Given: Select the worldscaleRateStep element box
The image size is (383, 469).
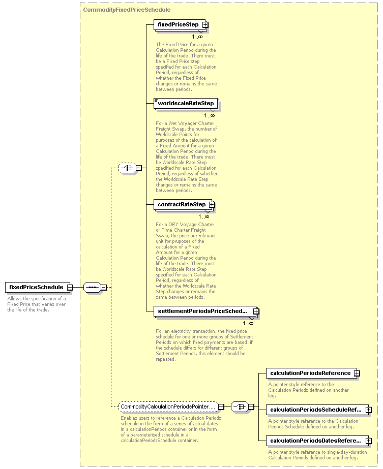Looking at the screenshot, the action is (186, 104).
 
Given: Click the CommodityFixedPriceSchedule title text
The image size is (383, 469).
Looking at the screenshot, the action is (127, 10).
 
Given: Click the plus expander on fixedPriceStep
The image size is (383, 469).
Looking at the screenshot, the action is (205, 25).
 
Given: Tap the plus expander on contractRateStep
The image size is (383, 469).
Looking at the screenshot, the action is (212, 205).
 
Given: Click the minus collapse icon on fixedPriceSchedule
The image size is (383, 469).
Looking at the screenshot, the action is (70, 288).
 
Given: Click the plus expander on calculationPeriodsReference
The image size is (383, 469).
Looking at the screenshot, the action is (357, 373).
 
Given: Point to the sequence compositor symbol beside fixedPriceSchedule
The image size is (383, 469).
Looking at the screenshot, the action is (92, 288).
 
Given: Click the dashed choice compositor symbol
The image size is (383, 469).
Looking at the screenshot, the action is (127, 168).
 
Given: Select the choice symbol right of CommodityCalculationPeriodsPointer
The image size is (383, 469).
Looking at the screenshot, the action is (240, 407).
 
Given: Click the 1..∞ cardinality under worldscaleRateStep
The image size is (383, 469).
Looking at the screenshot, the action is (210, 115).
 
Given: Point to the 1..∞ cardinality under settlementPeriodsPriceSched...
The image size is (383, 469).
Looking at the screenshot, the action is (248, 323).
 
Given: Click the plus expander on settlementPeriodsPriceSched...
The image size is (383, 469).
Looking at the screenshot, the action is (256, 311).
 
